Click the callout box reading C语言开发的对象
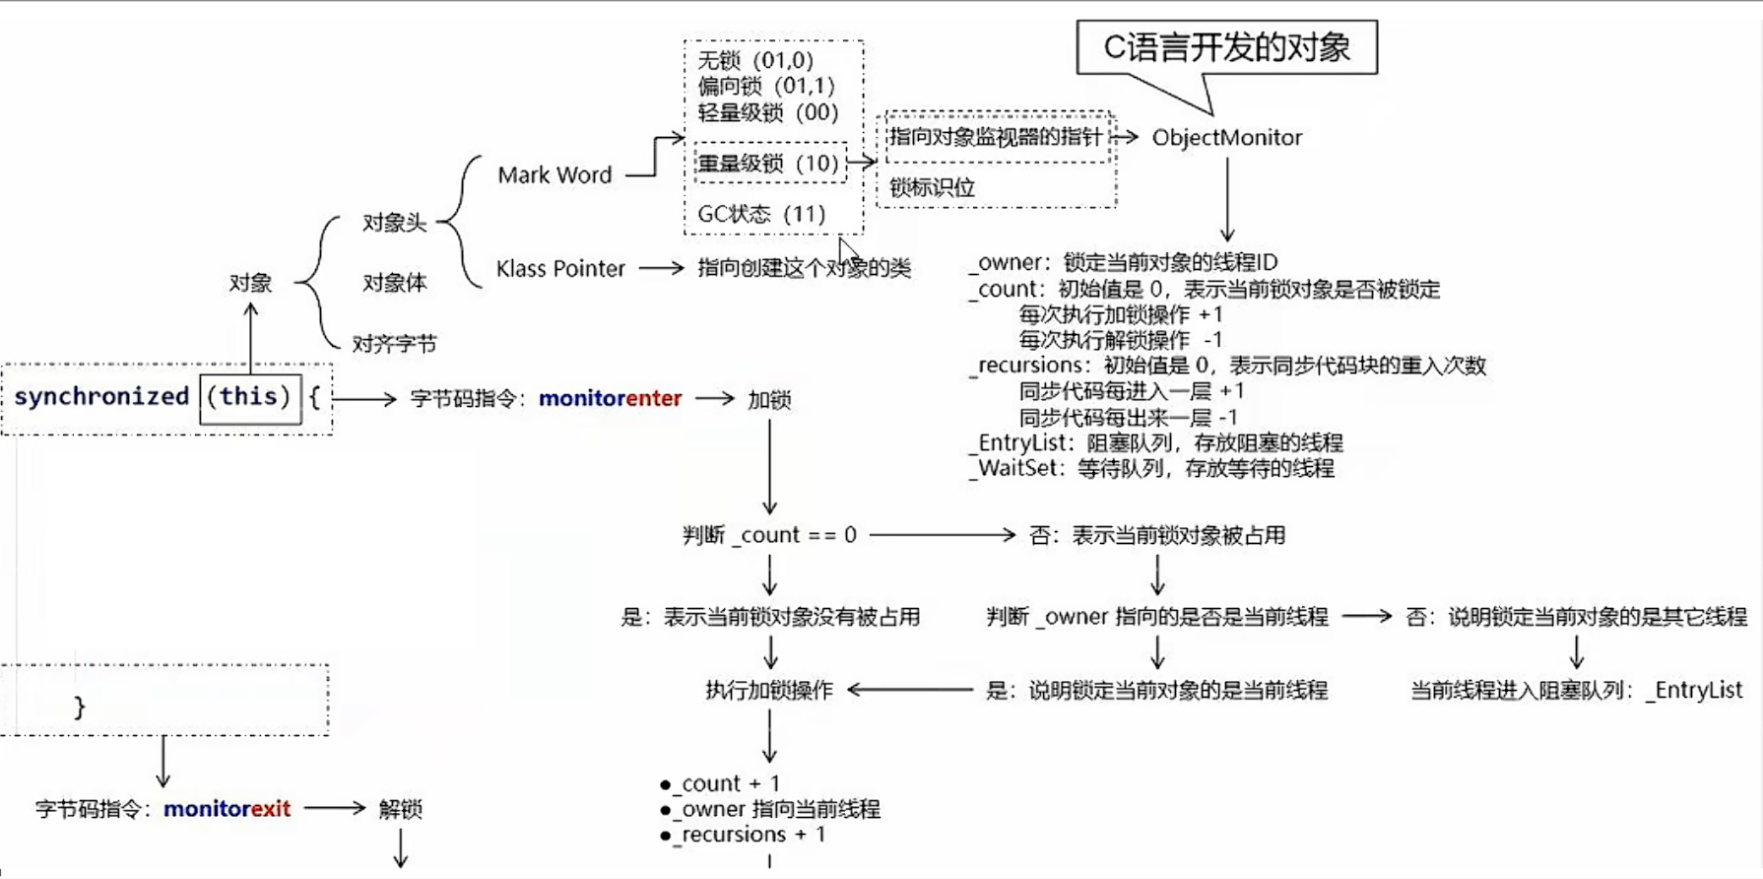click(1226, 47)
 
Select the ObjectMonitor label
click(1226, 138)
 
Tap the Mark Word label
click(555, 175)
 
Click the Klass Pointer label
click(560, 269)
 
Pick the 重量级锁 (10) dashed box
click(769, 164)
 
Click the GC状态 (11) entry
click(761, 214)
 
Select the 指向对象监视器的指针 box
click(995, 137)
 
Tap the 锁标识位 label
click(932, 187)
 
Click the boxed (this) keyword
click(249, 397)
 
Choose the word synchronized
click(101, 397)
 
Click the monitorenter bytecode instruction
click(610, 399)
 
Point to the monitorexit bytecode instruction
click(227, 809)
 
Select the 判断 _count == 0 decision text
click(769, 535)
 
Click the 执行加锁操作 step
click(769, 690)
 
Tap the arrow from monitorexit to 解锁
click(335, 808)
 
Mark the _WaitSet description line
click(1152, 468)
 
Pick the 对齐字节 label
click(394, 344)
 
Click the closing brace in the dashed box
click(79, 707)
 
